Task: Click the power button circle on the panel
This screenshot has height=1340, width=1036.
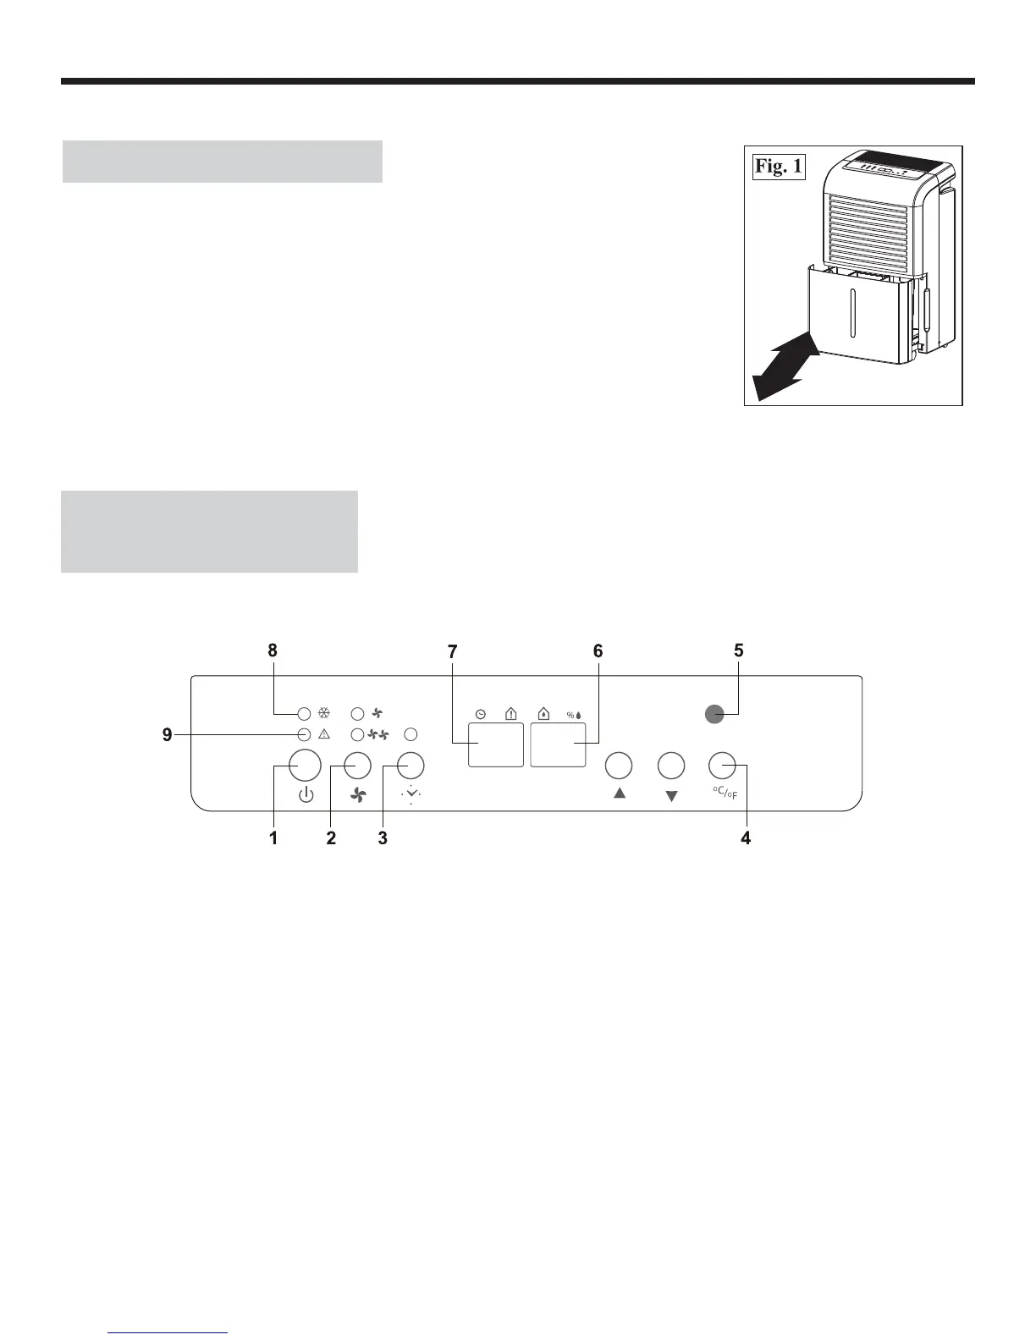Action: coord(305,765)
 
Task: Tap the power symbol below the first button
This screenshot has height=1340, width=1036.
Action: coord(306,795)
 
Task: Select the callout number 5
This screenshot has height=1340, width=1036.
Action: coord(739,651)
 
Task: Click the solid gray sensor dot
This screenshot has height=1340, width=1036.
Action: coord(715,715)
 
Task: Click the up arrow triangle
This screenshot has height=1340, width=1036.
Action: coord(620,794)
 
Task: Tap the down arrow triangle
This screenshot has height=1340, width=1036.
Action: coord(671,796)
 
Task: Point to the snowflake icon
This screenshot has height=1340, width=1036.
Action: coord(323,712)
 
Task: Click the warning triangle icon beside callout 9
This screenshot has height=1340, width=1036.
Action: coord(323,733)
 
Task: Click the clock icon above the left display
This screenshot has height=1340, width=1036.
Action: coord(480,714)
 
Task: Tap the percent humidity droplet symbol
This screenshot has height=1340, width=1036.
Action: coord(575,715)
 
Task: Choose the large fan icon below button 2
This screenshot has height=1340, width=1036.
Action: coord(358,795)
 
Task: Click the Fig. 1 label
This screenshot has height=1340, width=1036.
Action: coord(779,167)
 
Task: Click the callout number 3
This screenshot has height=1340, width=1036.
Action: coord(383,838)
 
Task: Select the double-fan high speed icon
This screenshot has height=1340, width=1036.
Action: coord(377,733)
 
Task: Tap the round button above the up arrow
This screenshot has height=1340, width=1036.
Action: coord(619,765)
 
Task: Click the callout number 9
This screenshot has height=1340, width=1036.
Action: coord(168,735)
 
